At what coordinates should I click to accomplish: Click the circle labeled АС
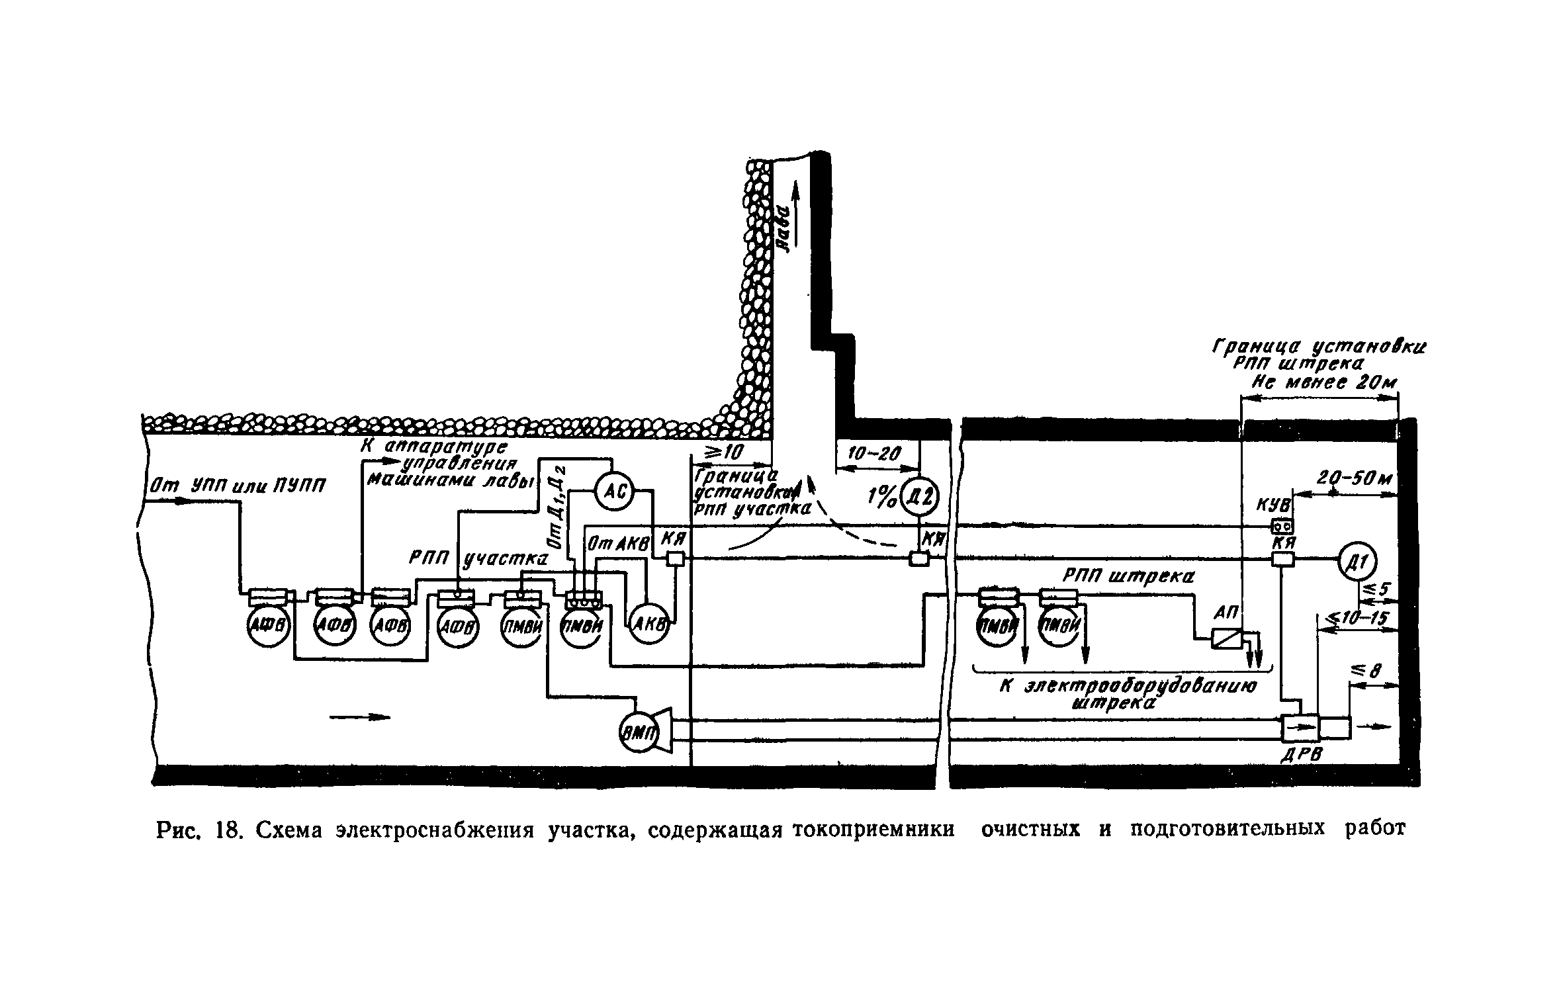(613, 492)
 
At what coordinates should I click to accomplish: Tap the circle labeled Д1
(1356, 560)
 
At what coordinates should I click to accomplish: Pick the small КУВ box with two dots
(1283, 526)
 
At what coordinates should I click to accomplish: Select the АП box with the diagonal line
(1226, 638)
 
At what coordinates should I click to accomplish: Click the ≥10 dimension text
(727, 453)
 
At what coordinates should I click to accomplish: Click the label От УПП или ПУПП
(238, 486)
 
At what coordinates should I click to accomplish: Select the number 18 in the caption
(226, 830)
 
